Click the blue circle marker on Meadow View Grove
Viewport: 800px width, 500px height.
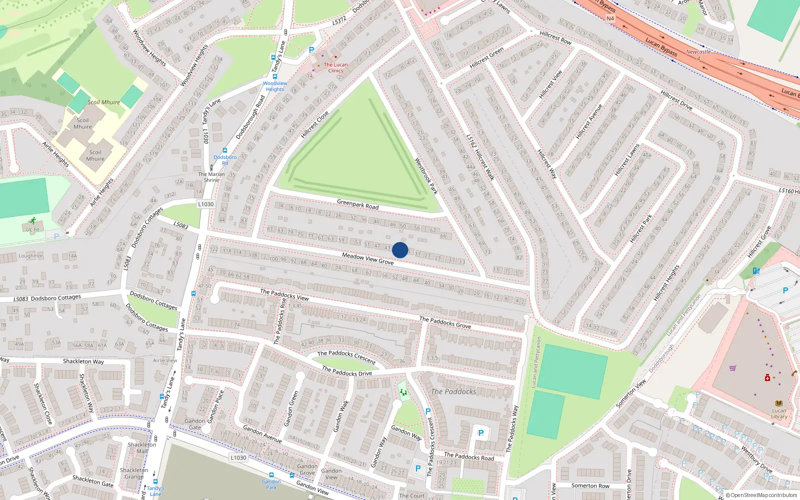(400, 250)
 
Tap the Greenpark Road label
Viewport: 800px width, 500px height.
(357, 204)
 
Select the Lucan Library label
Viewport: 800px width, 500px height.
(779, 413)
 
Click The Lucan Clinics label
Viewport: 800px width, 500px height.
(335, 67)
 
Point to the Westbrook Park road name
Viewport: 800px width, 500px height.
(426, 176)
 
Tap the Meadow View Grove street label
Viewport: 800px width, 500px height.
(367, 258)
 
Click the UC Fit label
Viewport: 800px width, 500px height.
(33, 229)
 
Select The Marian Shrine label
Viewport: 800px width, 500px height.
(211, 177)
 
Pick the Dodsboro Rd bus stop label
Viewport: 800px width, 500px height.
(225, 160)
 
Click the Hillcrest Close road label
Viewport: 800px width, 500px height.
(315, 124)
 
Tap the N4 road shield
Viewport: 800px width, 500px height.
(610, 18)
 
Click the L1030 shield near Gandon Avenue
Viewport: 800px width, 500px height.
(238, 457)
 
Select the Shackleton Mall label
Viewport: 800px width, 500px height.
(142, 447)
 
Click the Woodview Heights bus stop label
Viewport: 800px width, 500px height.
(275, 86)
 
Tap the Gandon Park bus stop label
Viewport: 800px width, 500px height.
(271, 484)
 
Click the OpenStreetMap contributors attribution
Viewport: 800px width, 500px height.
(761, 495)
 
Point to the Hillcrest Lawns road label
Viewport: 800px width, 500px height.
(627, 160)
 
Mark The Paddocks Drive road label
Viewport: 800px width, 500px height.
(347, 370)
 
